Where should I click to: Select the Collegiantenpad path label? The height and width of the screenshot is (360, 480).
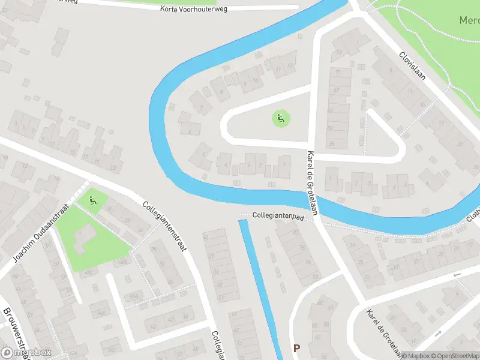click(x=276, y=215)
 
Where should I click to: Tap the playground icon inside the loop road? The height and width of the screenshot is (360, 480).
click(x=280, y=118)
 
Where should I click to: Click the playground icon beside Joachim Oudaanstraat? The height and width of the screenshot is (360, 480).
click(x=92, y=200)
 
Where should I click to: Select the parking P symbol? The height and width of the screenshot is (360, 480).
click(x=296, y=348)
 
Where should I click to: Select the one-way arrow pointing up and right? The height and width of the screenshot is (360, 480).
click(x=437, y=332)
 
